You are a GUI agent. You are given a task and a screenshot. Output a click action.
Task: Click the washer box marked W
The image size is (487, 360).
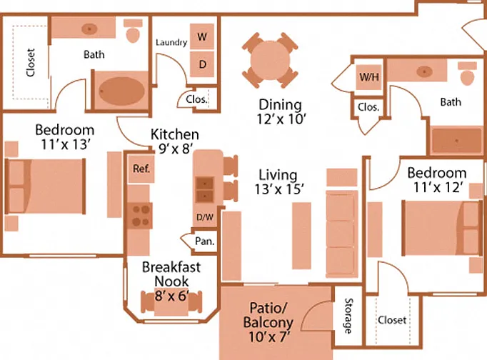(202, 36)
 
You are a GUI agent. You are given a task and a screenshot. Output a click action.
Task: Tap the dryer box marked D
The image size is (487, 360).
(202, 64)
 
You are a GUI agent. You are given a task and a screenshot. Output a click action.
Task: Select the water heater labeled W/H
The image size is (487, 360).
(368, 77)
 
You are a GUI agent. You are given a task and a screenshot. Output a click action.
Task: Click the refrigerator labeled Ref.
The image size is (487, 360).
(141, 169)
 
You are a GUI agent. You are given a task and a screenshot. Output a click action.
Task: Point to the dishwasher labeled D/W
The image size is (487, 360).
(205, 217)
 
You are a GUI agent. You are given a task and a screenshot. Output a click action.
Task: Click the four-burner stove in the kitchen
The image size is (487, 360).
(141, 216)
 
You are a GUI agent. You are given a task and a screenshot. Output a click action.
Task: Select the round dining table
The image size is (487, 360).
(270, 60)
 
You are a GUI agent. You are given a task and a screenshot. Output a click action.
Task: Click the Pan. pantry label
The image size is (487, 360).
(205, 241)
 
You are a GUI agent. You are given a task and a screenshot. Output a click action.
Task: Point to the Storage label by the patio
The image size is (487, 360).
(348, 316)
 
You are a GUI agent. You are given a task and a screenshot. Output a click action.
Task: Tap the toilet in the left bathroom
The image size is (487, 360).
(134, 31)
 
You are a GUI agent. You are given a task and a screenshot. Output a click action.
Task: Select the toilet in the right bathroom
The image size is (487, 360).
(468, 74)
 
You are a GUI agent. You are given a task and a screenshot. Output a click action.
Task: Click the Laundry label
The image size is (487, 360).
(171, 42)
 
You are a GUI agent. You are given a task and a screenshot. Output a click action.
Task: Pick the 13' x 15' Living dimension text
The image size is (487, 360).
(279, 189)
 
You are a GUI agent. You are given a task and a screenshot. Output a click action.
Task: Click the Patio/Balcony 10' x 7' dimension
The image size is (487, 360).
(269, 336)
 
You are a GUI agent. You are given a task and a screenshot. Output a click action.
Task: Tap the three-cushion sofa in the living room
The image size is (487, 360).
(341, 234)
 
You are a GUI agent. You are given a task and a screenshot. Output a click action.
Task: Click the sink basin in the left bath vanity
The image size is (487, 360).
(89, 29)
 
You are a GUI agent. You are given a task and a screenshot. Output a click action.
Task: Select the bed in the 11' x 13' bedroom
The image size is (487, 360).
(46, 186)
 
